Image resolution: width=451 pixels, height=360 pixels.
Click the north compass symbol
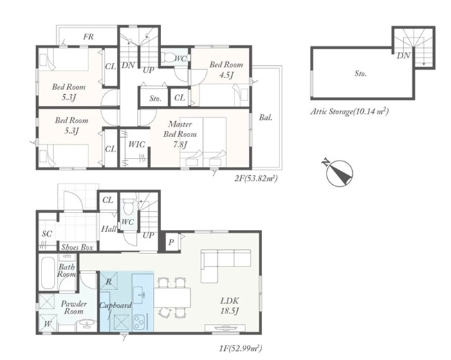tap(339, 172)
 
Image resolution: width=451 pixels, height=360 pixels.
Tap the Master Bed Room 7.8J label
tap(180, 134)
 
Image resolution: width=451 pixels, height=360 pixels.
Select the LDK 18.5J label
tap(230, 305)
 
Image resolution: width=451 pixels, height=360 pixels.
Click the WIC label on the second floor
tap(137, 144)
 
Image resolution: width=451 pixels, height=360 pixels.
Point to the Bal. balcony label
tap(266, 118)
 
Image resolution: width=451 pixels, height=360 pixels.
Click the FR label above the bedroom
tap(89, 37)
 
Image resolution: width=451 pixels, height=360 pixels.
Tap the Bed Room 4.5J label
tap(226, 70)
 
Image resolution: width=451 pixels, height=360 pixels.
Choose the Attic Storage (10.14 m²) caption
tap(349, 111)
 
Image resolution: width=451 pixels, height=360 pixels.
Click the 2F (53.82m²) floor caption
tap(256, 179)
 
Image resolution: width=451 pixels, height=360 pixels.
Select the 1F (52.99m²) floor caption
tap(241, 349)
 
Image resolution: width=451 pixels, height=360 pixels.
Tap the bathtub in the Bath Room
tap(48, 273)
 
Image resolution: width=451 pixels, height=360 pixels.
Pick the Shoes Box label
tap(77, 247)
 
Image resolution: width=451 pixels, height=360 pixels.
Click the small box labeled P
tap(172, 242)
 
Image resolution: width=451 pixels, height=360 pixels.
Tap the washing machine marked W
tap(48, 323)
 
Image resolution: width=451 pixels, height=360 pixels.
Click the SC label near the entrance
tap(47, 234)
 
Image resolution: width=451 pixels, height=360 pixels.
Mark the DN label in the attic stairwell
tap(403, 55)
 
